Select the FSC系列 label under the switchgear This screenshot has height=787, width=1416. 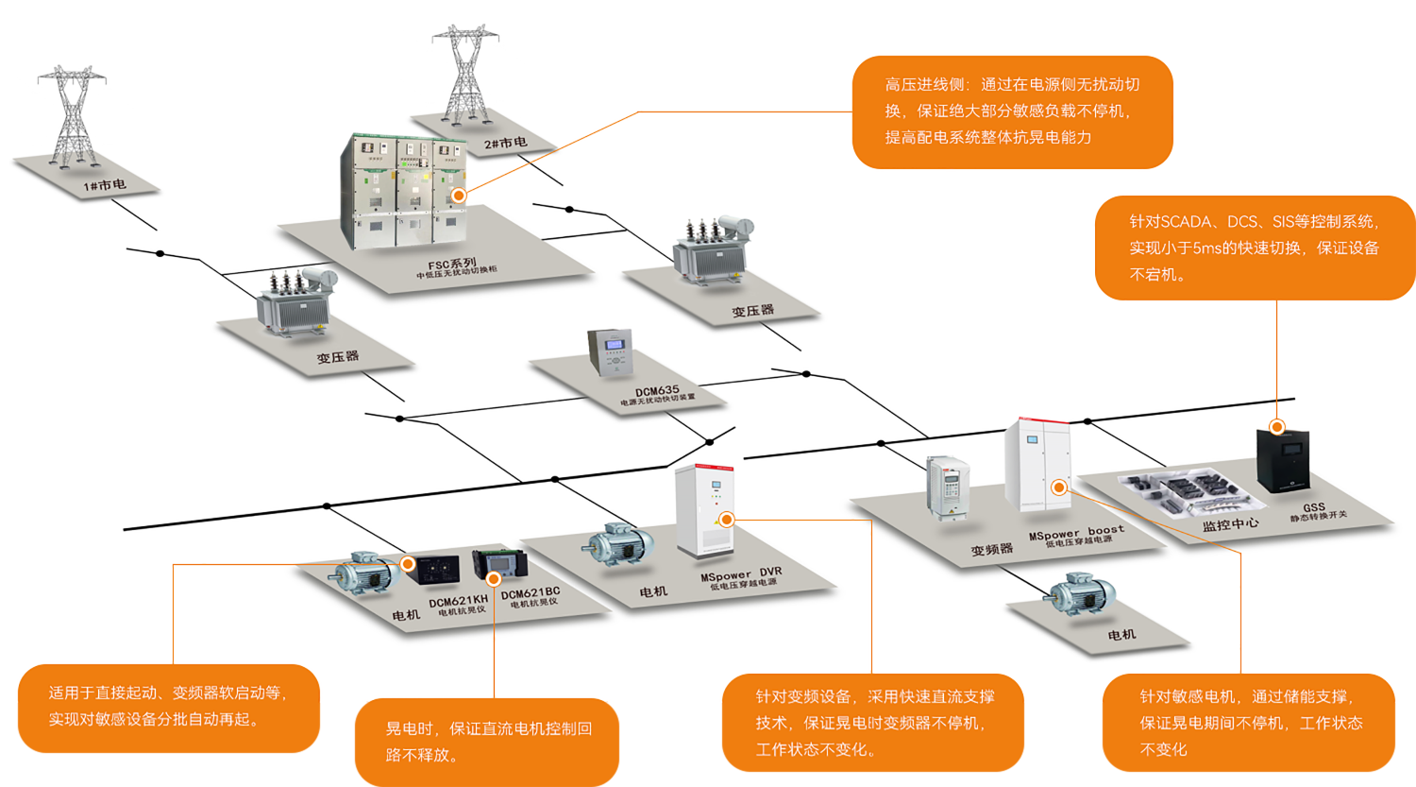click(x=453, y=265)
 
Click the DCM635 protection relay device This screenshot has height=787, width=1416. click(x=610, y=352)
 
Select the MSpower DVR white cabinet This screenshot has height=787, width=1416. click(x=705, y=510)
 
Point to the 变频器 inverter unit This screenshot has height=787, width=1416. click(x=948, y=488)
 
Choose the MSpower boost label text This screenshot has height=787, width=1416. click(x=1076, y=533)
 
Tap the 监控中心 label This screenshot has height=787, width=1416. click(x=1230, y=523)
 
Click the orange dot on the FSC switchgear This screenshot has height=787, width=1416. click(x=459, y=196)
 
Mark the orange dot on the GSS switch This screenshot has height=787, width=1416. click(x=1277, y=427)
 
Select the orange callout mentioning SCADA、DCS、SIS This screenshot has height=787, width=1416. click(x=1254, y=248)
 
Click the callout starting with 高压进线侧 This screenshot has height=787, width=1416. click(x=1012, y=111)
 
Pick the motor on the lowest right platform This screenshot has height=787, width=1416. click(x=1082, y=595)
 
